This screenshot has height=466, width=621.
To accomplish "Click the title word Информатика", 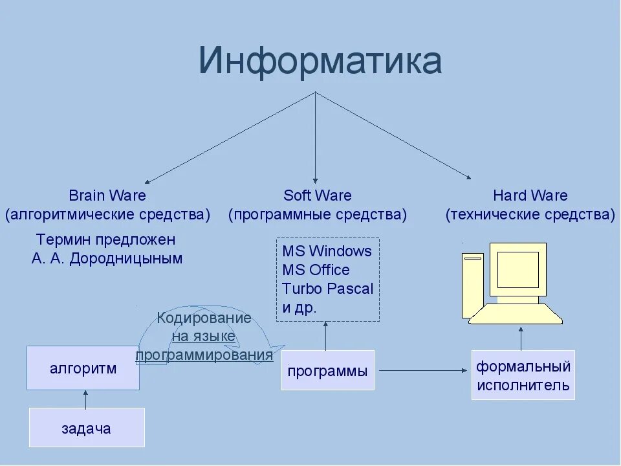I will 320,62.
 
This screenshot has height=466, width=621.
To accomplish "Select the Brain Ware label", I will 107,195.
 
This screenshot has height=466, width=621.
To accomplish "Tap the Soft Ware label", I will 318,195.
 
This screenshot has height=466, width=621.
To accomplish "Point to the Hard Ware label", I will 530,195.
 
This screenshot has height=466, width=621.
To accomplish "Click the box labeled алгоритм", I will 83,368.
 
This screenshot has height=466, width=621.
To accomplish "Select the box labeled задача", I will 86,428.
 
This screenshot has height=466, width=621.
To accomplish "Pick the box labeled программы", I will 327,371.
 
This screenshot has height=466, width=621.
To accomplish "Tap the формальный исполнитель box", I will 523,376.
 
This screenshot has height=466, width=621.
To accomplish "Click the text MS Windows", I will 327,251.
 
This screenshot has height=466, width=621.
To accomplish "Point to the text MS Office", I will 316,270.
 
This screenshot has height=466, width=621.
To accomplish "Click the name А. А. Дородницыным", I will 107,259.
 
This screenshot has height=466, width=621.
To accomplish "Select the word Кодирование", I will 204,318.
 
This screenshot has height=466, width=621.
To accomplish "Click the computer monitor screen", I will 517,269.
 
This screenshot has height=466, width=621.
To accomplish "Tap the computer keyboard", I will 516,315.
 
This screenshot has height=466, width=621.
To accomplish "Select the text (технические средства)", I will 530,215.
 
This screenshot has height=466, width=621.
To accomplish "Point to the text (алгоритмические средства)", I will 107,215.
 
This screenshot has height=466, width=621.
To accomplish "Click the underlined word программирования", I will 204,355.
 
